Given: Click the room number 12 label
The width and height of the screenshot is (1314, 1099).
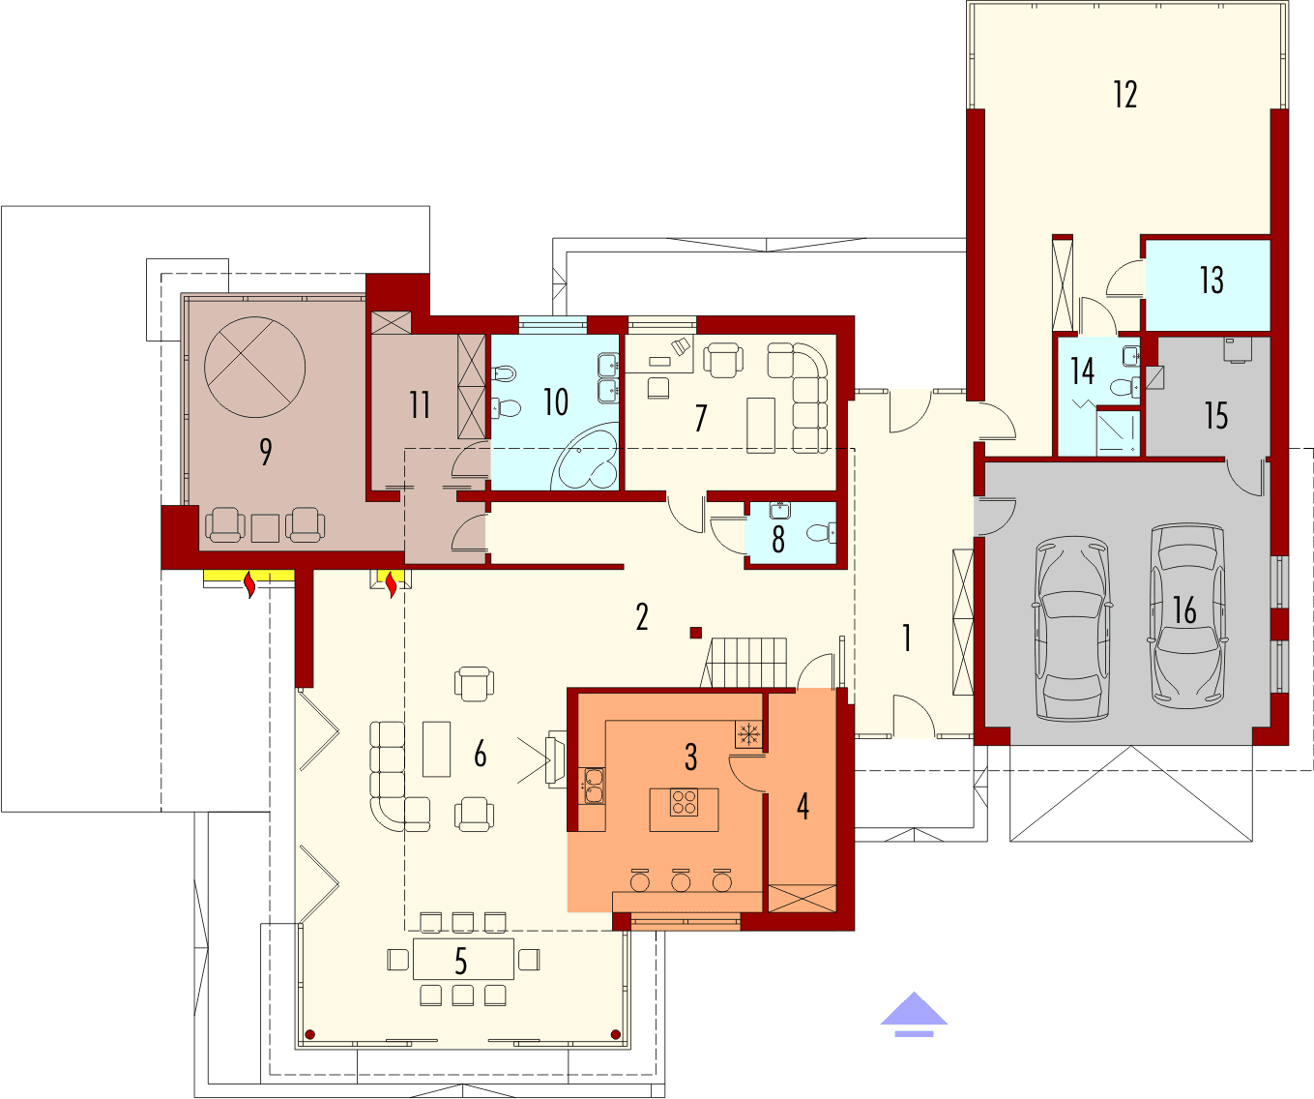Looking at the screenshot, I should [x=1124, y=95].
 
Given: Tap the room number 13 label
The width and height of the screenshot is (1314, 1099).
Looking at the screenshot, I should [x=1212, y=281].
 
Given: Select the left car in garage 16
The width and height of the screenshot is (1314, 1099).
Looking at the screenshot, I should [x=1072, y=631].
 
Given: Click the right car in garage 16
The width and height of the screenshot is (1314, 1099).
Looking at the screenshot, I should [x=1186, y=616].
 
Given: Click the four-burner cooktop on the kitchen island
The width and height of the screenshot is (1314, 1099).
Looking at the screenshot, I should [x=684, y=802].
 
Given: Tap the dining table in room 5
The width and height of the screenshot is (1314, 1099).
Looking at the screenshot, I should [x=463, y=960].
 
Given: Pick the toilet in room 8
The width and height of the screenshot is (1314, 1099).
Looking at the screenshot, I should [x=820, y=532].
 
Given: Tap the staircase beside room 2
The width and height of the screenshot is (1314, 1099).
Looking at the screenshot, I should [x=748, y=663].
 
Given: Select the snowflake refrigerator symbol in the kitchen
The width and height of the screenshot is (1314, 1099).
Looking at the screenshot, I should [x=747, y=734].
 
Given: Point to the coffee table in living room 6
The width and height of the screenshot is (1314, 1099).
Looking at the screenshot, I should [x=437, y=749].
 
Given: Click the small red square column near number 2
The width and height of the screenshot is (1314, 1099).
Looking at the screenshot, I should [x=695, y=633].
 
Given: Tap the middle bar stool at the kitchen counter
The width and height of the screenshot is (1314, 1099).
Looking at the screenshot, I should [x=682, y=881].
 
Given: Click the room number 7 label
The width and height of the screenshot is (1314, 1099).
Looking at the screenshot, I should [x=701, y=418].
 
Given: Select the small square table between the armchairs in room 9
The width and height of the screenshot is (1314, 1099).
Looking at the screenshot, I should [x=265, y=528].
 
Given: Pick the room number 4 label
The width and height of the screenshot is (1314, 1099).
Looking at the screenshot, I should [x=803, y=806].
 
